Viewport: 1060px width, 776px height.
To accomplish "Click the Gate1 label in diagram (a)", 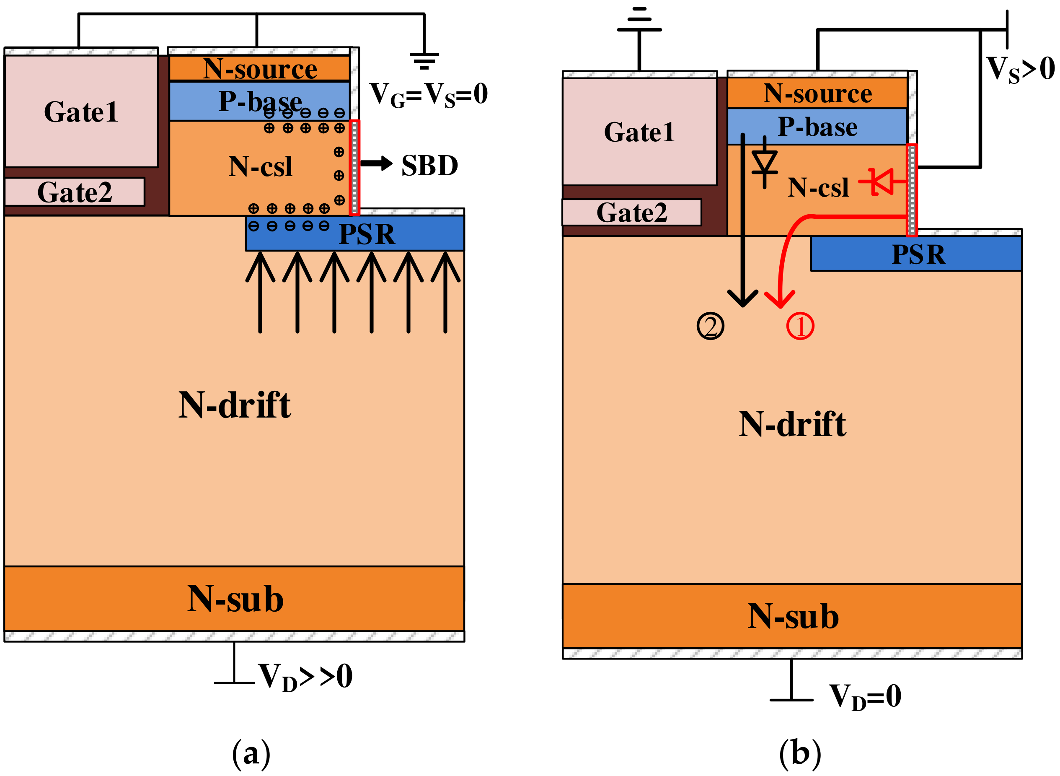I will click(x=81, y=112).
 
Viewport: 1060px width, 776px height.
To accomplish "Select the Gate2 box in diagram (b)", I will click(x=631, y=212).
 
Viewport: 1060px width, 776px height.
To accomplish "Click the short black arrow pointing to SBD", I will click(x=377, y=164).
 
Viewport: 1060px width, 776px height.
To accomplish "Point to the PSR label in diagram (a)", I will click(x=367, y=234).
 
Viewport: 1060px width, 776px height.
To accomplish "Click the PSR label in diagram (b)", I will click(x=918, y=254).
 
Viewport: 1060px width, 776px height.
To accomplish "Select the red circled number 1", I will click(x=800, y=326).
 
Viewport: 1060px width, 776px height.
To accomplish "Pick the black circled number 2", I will click(x=710, y=326).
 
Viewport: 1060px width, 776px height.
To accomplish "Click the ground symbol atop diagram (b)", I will click(x=639, y=21).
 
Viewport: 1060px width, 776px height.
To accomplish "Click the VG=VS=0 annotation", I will click(x=428, y=94).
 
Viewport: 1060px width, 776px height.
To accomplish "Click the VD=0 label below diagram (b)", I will click(x=865, y=696).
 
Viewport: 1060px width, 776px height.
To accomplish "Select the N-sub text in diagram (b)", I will click(x=793, y=616).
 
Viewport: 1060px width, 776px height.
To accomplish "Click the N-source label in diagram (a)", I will click(x=260, y=69).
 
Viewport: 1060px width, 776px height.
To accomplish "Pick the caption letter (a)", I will click(x=251, y=753).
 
